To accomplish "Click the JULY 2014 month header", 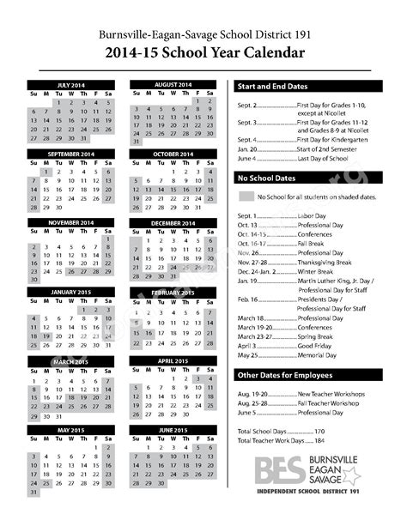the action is point(72,85).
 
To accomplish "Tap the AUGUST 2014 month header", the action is point(173,85).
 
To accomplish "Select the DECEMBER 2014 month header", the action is point(173,223).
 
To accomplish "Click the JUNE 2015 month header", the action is point(173,429).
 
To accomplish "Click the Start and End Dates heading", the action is point(272,87).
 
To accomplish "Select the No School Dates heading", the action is point(266,177).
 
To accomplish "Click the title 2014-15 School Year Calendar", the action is point(203,53).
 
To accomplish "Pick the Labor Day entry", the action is point(312,215).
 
